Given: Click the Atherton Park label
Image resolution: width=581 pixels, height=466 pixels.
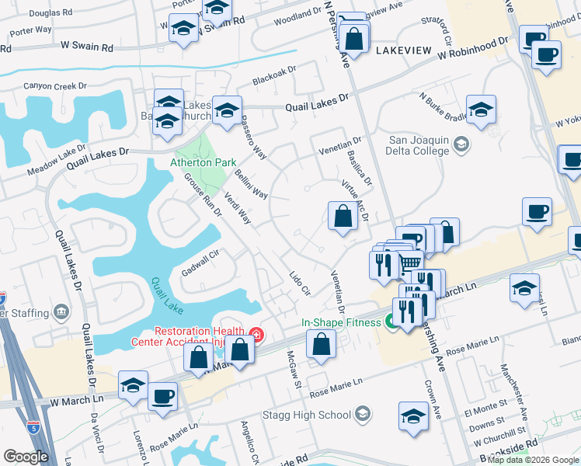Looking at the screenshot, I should click(203, 163).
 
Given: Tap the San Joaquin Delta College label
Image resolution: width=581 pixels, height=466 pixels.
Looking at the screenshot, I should click(419, 145).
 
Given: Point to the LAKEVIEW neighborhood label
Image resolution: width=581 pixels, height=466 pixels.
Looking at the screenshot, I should click(402, 50).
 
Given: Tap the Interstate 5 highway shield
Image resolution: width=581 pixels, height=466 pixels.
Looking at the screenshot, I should click(32, 426).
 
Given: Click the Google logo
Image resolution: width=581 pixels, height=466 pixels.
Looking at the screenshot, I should click(26, 457).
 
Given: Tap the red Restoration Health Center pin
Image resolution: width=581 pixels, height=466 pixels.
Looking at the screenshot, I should click(256, 336).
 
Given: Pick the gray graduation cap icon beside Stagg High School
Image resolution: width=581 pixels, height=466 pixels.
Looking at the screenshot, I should click(362, 416).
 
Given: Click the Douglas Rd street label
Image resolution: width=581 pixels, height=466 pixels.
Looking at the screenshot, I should click(51, 14).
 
